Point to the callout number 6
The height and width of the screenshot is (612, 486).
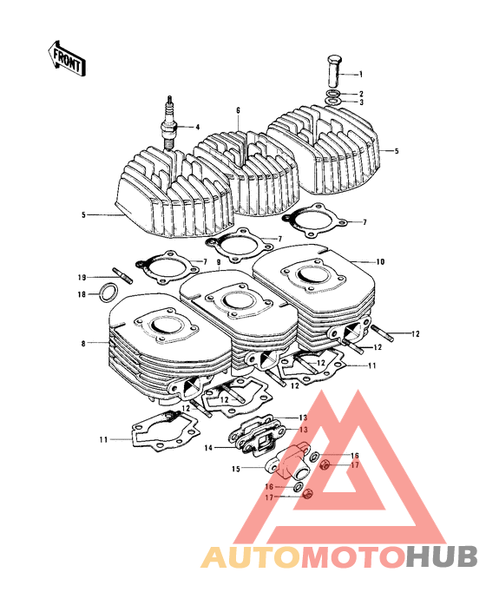236,111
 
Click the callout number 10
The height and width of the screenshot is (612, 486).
379,261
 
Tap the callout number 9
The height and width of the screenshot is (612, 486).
220,261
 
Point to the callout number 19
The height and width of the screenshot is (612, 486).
81,278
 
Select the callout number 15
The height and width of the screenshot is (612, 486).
235,469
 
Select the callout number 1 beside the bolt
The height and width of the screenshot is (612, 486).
361,75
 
